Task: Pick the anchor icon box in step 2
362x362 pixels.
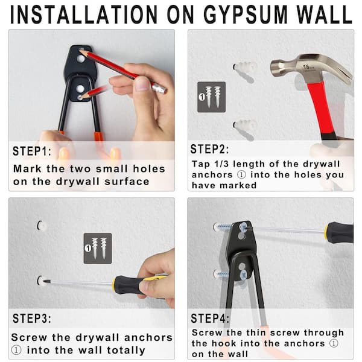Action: click(211, 97)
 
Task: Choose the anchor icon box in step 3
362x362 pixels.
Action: click(97, 247)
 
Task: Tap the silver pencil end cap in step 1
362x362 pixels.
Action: click(159, 89)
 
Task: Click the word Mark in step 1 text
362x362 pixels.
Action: click(26, 169)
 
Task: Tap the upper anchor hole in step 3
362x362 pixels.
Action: click(40, 226)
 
